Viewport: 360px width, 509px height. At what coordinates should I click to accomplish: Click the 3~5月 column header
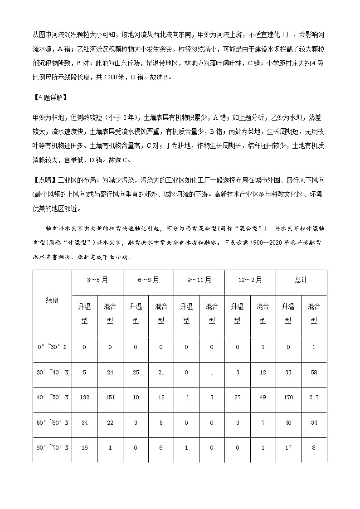[x=97, y=280]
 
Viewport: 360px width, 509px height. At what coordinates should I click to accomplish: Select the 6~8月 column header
[x=148, y=280]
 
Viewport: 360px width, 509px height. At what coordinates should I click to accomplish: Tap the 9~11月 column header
[x=199, y=280]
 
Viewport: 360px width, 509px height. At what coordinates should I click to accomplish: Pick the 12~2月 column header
[x=250, y=280]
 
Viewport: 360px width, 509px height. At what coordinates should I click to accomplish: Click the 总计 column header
[x=301, y=280]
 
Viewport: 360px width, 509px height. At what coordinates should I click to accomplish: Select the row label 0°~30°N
[x=52, y=347]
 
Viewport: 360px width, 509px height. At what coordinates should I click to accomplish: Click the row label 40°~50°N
[x=52, y=397]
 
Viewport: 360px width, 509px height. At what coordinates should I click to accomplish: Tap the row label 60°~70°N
[x=52, y=447]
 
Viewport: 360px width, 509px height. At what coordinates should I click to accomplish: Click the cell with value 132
[x=84, y=397]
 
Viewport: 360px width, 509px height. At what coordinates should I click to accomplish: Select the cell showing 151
[x=110, y=397]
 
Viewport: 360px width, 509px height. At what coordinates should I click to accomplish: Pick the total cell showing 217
[x=313, y=397]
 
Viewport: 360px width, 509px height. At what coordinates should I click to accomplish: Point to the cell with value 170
[x=288, y=397]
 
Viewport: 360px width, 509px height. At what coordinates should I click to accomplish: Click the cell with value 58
[x=313, y=372]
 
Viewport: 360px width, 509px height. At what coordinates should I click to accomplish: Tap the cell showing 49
[x=263, y=397]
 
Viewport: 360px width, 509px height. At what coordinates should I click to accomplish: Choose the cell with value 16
[x=84, y=447]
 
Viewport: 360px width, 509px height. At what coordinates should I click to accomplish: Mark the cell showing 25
[x=135, y=372]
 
